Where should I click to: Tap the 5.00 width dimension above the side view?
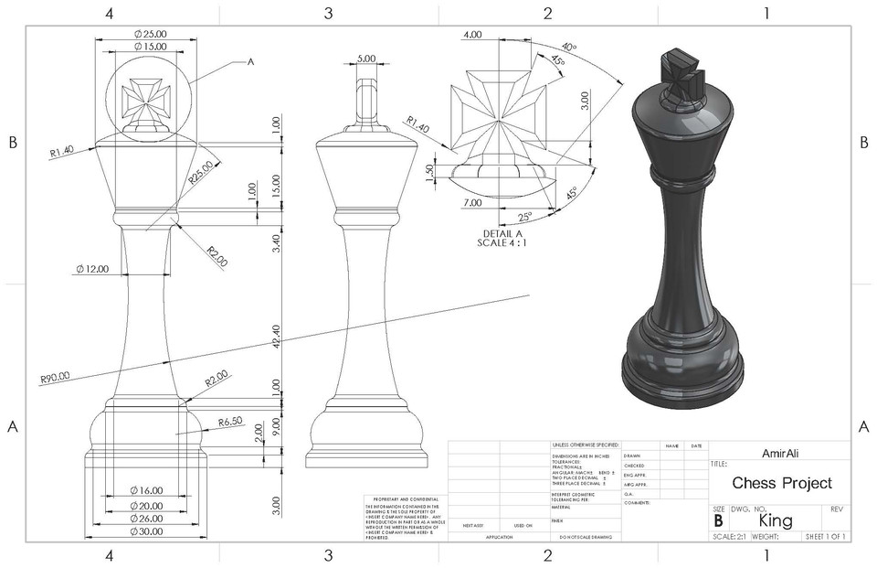pyautogui.click(x=366, y=58)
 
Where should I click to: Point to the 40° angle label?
pyautogui.click(x=569, y=48)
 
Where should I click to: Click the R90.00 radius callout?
pyautogui.click(x=56, y=375)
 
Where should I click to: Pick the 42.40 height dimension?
pyautogui.click(x=277, y=337)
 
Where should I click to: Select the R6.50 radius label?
pyautogui.click(x=230, y=422)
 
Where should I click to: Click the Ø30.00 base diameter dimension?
pyautogui.click(x=145, y=530)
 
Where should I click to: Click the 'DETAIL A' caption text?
pyautogui.click(x=497, y=233)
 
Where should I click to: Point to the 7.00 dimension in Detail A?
pyautogui.click(x=472, y=202)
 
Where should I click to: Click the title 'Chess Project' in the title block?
pyautogui.click(x=782, y=483)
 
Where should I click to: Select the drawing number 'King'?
pyautogui.click(x=776, y=520)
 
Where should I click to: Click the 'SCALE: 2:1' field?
pyautogui.click(x=729, y=536)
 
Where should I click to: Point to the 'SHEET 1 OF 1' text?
pyautogui.click(x=825, y=536)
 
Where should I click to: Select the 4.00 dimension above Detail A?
pyautogui.click(x=472, y=34)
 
